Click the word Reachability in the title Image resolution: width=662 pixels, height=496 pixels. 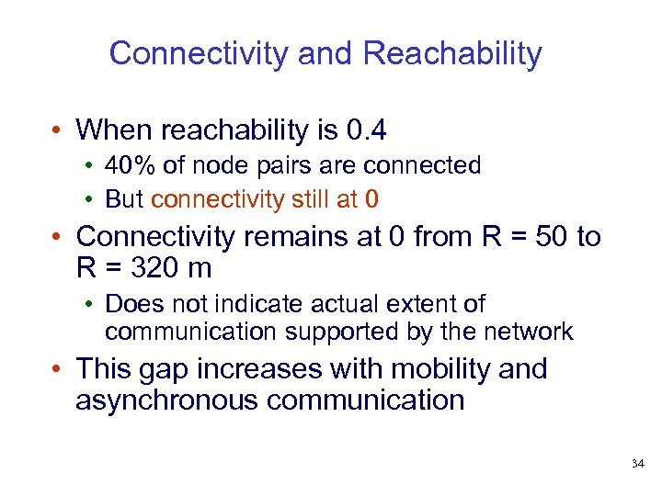tap(452, 53)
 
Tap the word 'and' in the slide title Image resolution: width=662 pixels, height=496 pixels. tap(326, 53)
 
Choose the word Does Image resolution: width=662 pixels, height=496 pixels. tap(131, 303)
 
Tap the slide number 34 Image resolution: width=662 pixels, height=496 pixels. tap(638, 464)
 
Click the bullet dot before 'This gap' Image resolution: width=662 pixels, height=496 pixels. tap(57, 369)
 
